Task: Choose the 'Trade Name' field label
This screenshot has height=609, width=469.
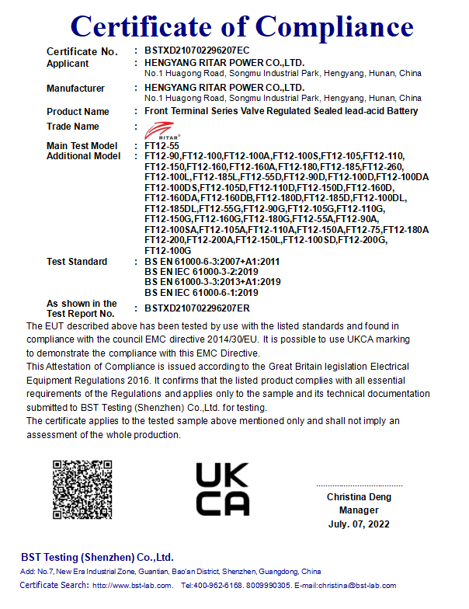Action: tap(73, 127)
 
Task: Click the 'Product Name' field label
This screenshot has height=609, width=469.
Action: tap(78, 111)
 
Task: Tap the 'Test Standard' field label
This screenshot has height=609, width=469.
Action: tap(77, 262)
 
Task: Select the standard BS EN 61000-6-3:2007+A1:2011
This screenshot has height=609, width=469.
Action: tap(212, 262)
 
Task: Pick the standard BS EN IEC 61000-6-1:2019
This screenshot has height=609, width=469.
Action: tap(202, 292)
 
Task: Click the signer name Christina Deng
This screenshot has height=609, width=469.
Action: tap(359, 497)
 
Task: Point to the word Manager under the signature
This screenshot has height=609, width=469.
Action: tap(359, 510)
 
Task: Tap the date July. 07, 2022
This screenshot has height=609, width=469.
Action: tap(359, 524)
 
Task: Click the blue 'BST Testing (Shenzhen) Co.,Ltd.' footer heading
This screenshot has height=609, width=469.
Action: tap(97, 558)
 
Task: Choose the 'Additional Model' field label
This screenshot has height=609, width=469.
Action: tap(84, 156)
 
